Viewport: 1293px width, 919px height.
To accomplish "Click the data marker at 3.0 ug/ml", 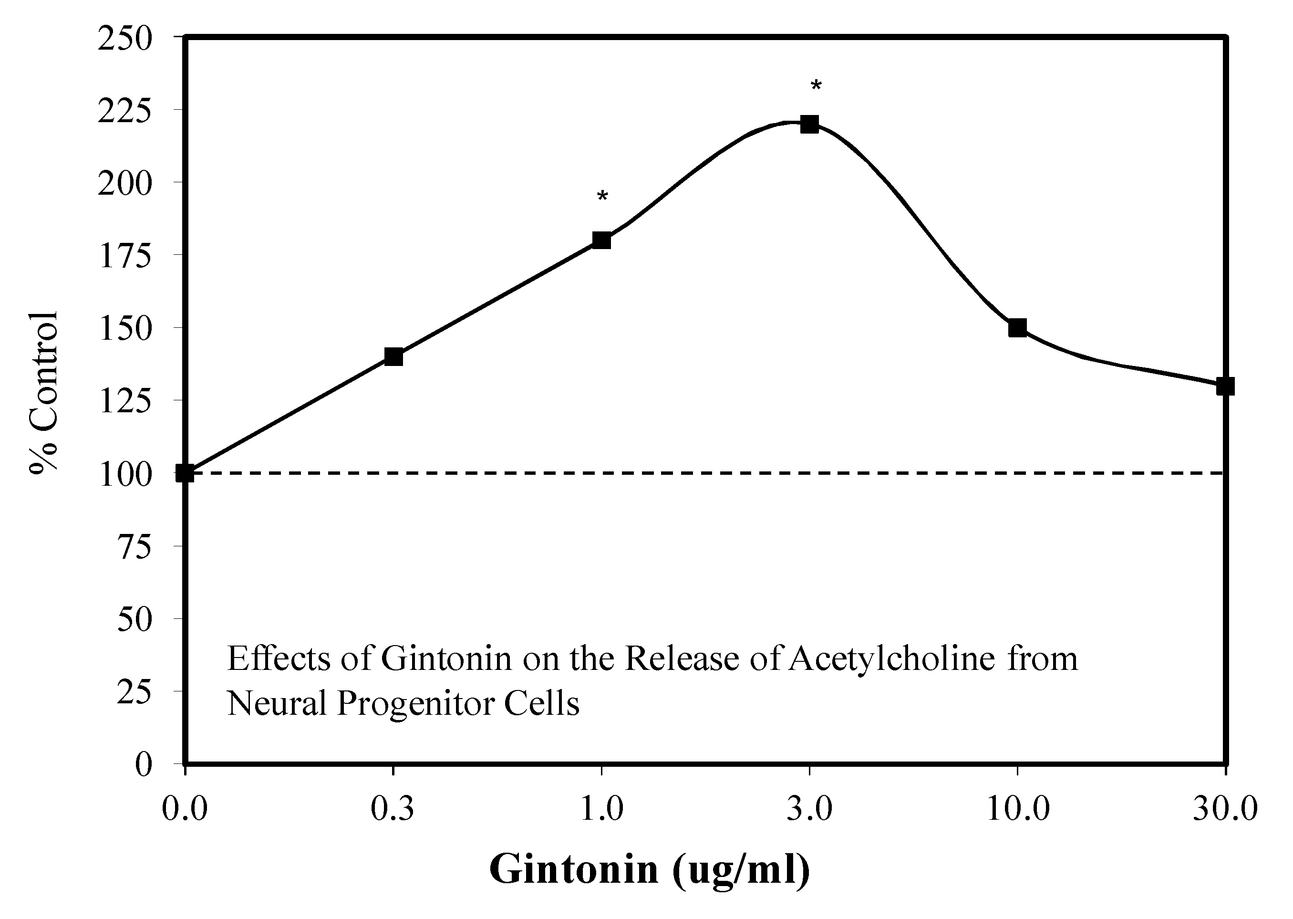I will [809, 124].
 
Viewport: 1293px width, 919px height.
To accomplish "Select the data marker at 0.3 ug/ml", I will [393, 356].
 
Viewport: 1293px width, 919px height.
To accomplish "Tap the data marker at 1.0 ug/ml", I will [601, 240].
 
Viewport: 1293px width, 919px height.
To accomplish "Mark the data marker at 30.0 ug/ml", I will [1225, 386].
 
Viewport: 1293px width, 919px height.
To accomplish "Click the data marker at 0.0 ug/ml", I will [185, 473].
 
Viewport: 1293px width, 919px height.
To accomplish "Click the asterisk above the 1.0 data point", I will [602, 197].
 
